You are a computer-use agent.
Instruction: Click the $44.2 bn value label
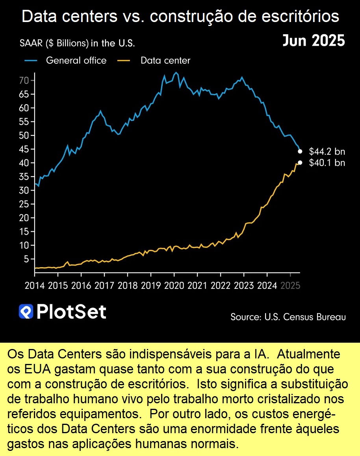327,151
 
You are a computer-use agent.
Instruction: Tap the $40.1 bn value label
327,163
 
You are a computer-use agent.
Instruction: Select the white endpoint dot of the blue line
300,151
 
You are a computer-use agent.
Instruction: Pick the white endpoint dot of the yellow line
300,162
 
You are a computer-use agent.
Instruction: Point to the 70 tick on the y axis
24,81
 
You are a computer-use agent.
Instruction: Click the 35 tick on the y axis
24,177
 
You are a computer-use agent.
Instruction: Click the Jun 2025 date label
314,41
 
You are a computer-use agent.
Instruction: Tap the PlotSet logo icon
26,312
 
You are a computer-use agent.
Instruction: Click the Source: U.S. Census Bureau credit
288,317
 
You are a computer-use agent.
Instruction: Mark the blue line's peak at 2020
176,73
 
